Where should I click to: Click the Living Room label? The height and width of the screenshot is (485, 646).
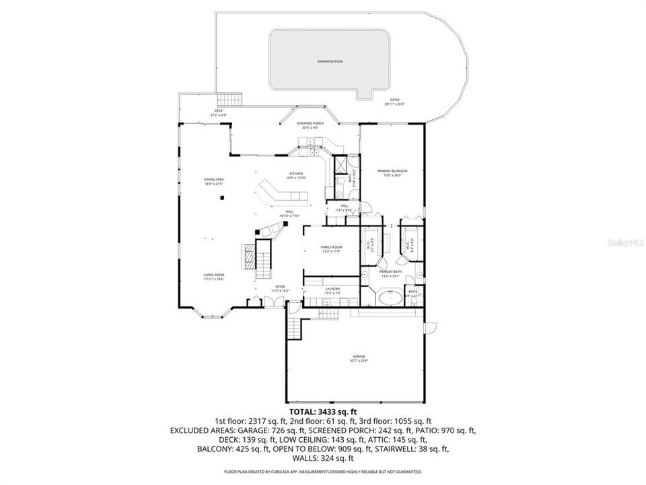click(214, 277)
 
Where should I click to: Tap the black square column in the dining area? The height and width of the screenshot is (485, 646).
click(221, 197)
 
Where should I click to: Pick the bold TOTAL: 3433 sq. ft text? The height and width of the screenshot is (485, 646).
click(322, 411)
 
